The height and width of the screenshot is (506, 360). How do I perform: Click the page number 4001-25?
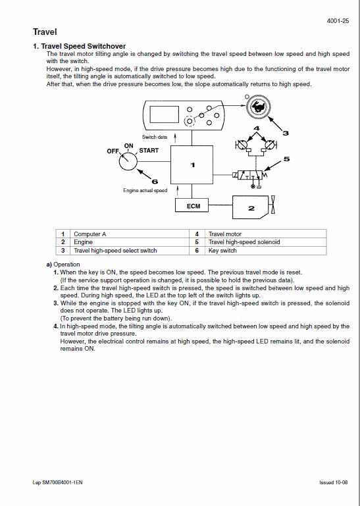click(x=338, y=21)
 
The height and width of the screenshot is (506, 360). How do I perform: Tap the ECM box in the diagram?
click(x=193, y=206)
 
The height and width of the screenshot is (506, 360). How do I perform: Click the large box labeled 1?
click(x=192, y=165)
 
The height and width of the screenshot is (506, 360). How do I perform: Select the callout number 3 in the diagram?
click(x=285, y=133)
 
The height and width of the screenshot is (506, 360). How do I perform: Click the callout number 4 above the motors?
click(x=257, y=127)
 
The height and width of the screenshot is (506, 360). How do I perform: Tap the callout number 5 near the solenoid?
click(x=286, y=159)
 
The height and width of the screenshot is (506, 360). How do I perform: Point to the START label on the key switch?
click(x=149, y=151)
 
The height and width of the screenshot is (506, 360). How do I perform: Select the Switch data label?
click(x=155, y=137)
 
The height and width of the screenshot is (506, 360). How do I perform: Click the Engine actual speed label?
click(x=145, y=190)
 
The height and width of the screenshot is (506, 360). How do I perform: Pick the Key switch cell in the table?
click(x=222, y=251)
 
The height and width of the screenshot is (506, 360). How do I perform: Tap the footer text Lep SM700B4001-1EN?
click(x=58, y=482)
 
